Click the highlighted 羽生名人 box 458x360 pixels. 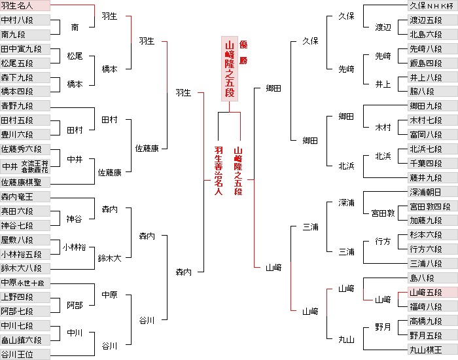pos(25,6)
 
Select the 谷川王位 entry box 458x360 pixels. pos(25,354)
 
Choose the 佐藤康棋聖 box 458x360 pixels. pos(25,182)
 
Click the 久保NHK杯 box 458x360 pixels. pos(432,6)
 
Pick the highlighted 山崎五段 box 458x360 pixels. pos(432,292)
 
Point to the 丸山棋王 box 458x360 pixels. pos(432,350)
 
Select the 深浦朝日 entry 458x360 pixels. pos(432,192)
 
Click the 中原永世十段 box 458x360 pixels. pos(25,283)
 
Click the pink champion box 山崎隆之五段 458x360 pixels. pos(229,69)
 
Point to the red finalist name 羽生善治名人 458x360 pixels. pos(219,170)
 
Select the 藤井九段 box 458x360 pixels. pos(432,177)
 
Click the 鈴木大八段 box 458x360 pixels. pos(25,268)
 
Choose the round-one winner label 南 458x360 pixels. pos(75,27)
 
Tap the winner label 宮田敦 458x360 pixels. pos(383,213)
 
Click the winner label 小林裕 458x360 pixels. pos(74,247)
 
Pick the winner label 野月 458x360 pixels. pos(383,327)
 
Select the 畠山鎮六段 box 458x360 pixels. pos(25,340)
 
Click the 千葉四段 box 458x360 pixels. pos(432,163)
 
